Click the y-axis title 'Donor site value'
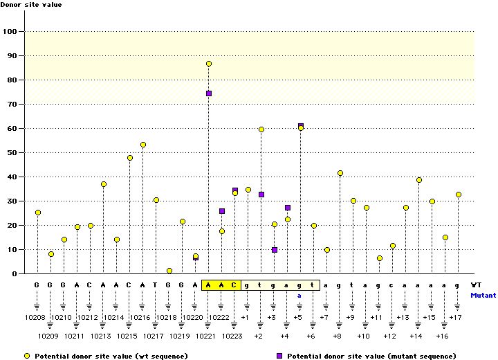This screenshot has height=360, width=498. coord(31,6)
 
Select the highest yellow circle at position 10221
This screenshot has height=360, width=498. coord(209,64)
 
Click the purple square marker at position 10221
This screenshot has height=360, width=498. coord(209,93)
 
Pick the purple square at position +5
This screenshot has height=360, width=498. coord(301,125)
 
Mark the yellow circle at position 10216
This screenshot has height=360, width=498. coord(143,145)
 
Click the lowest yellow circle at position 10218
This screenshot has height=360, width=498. coord(169,271)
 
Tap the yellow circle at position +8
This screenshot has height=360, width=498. coord(340,173)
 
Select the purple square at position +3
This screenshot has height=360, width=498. coord(275,250)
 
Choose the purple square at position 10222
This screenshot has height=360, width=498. coord(222,211)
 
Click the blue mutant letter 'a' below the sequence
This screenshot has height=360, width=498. coord(300,295)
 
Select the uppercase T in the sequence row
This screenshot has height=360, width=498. coord(156,285)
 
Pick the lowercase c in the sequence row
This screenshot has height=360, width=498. coord(392,285)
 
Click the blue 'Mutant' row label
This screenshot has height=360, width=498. coord(483,295)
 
